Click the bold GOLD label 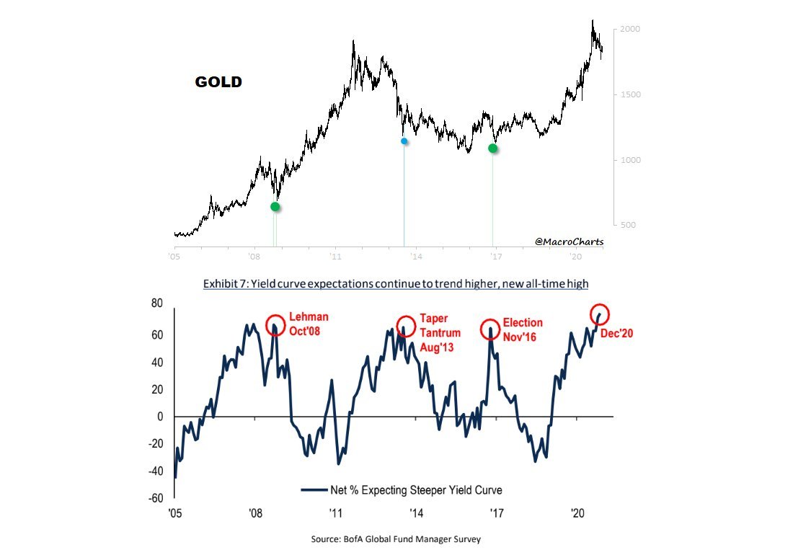218,82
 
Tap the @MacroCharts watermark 569,242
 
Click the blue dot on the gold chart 404,141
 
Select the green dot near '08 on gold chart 275,206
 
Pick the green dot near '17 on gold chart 492,148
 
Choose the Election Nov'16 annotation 523,329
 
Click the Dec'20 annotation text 616,334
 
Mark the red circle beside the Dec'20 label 601,314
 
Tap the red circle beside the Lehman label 275,325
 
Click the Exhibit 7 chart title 396,284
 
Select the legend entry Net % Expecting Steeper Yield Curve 402,490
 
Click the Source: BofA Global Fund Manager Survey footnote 396,538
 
